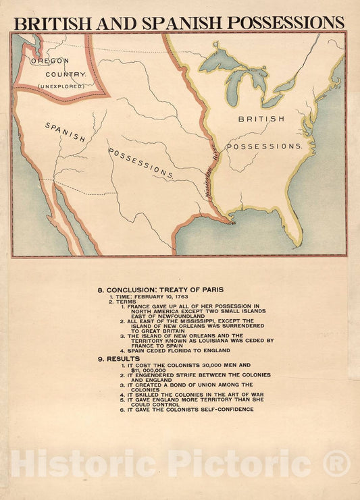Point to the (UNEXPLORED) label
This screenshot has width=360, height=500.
[61, 86]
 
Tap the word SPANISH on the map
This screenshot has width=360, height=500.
[66, 132]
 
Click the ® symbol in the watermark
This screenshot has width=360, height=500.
[336, 464]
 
